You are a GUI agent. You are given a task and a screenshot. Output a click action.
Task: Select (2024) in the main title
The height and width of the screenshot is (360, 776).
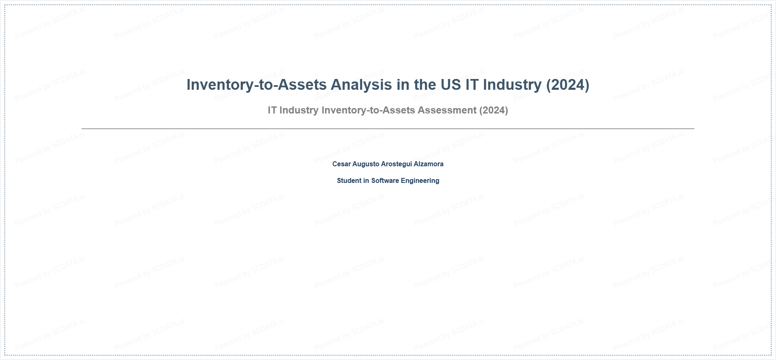(568, 85)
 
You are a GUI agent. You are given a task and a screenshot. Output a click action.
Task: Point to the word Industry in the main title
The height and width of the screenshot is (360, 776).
(512, 85)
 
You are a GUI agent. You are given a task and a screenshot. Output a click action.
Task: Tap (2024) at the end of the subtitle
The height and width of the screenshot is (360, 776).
(494, 110)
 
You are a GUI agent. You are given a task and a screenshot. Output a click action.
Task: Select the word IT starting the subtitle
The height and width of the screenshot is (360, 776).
(272, 110)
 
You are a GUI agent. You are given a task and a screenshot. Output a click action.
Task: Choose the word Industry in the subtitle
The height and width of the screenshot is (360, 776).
(299, 110)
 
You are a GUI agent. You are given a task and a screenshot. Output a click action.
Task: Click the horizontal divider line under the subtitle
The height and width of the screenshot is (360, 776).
(388, 129)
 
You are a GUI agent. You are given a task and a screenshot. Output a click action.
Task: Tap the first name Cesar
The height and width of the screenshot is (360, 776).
(341, 164)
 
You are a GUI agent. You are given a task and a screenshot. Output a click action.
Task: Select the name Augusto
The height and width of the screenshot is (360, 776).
(366, 164)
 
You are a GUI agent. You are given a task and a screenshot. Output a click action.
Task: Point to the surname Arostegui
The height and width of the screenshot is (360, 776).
(396, 164)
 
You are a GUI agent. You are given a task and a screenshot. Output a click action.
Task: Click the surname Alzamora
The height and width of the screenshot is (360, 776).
(429, 164)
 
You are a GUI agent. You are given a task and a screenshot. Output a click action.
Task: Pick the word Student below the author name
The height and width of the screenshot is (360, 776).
(349, 180)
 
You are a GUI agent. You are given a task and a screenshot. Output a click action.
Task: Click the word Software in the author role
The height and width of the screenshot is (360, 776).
(385, 180)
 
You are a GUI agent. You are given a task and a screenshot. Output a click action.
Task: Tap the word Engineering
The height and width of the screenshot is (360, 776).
(420, 181)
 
